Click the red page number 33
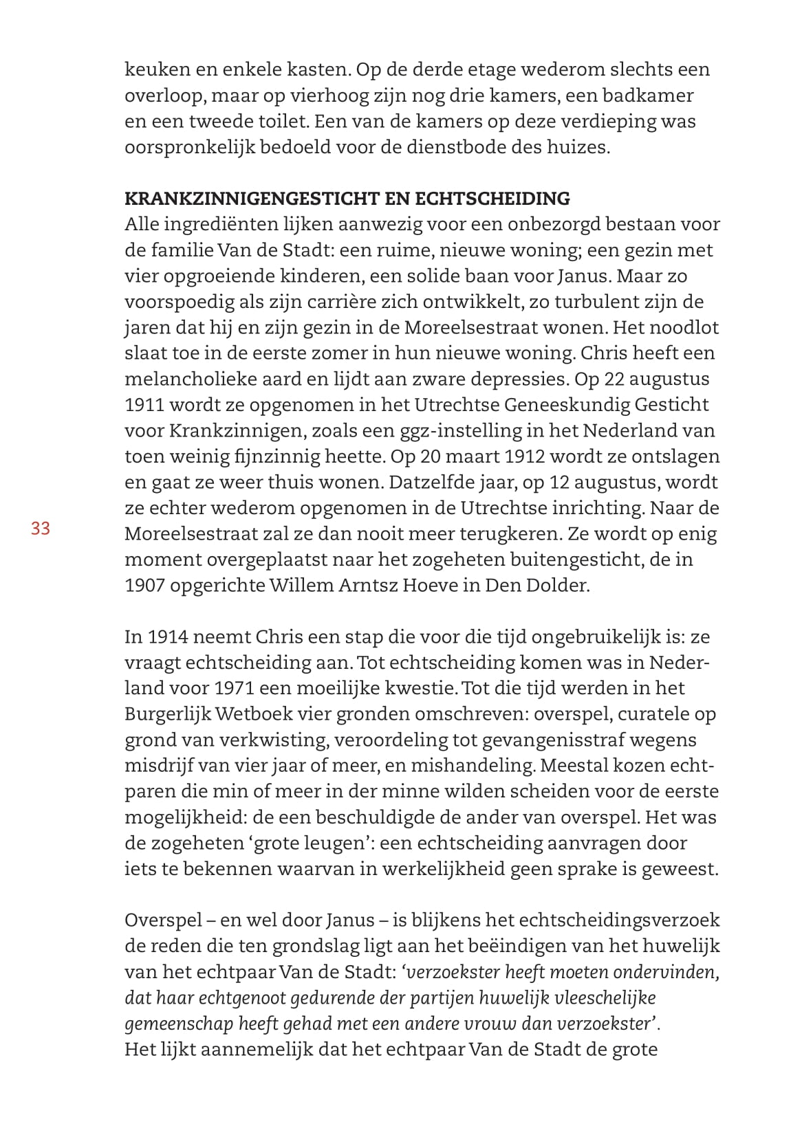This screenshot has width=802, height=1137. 41,529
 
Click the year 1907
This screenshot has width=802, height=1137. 147,586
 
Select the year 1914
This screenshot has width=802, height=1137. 169,637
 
